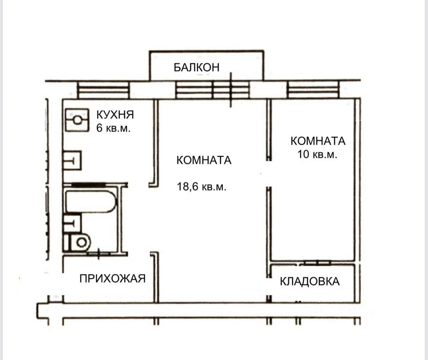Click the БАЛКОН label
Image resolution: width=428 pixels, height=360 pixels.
[x=197, y=67]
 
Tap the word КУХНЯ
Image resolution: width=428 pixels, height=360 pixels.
[x=115, y=115]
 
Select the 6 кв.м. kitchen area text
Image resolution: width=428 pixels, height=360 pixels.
[x=113, y=128]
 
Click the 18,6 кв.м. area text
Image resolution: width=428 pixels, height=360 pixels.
[x=201, y=187]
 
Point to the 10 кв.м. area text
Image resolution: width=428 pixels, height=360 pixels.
[x=317, y=154]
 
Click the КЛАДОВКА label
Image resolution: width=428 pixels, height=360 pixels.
[x=310, y=281]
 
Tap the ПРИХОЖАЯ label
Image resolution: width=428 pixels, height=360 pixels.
[x=112, y=278]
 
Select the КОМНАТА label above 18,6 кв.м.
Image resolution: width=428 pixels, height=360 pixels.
[x=204, y=160]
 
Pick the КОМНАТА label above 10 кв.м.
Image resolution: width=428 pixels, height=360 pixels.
[x=318, y=141]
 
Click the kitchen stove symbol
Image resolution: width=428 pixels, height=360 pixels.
[x=77, y=120]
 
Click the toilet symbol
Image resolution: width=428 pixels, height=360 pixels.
[x=78, y=242]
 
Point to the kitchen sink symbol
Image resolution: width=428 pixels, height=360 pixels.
[x=72, y=160]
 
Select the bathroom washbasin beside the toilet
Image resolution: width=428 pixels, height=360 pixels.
[x=72, y=223]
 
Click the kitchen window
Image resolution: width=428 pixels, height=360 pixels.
[x=103, y=90]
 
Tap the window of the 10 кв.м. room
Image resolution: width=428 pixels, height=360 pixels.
[x=313, y=90]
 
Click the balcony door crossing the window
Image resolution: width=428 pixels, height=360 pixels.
[x=231, y=90]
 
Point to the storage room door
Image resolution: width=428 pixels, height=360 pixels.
[x=317, y=263]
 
